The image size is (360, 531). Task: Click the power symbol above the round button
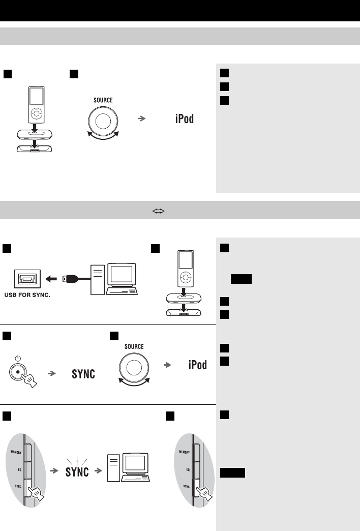18,359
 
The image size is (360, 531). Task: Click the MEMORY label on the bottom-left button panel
14,452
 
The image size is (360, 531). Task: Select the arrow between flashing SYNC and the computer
100,471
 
